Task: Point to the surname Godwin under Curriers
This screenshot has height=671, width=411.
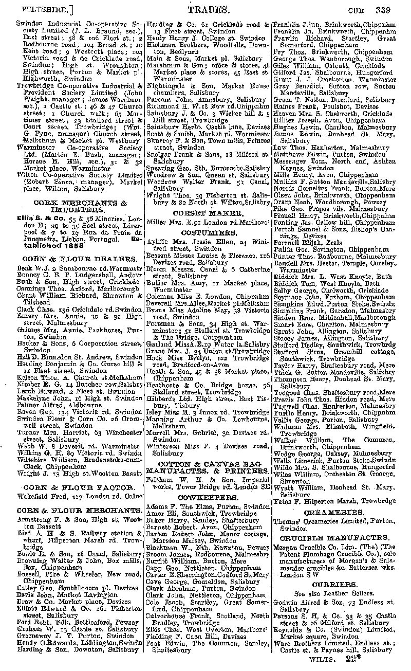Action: tap(285, 602)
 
